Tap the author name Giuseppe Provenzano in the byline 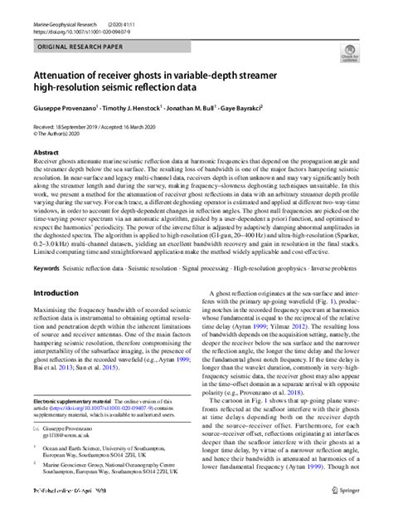pyautogui.click(x=68, y=110)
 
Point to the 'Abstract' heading pyautogui.click(x=45, y=153)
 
